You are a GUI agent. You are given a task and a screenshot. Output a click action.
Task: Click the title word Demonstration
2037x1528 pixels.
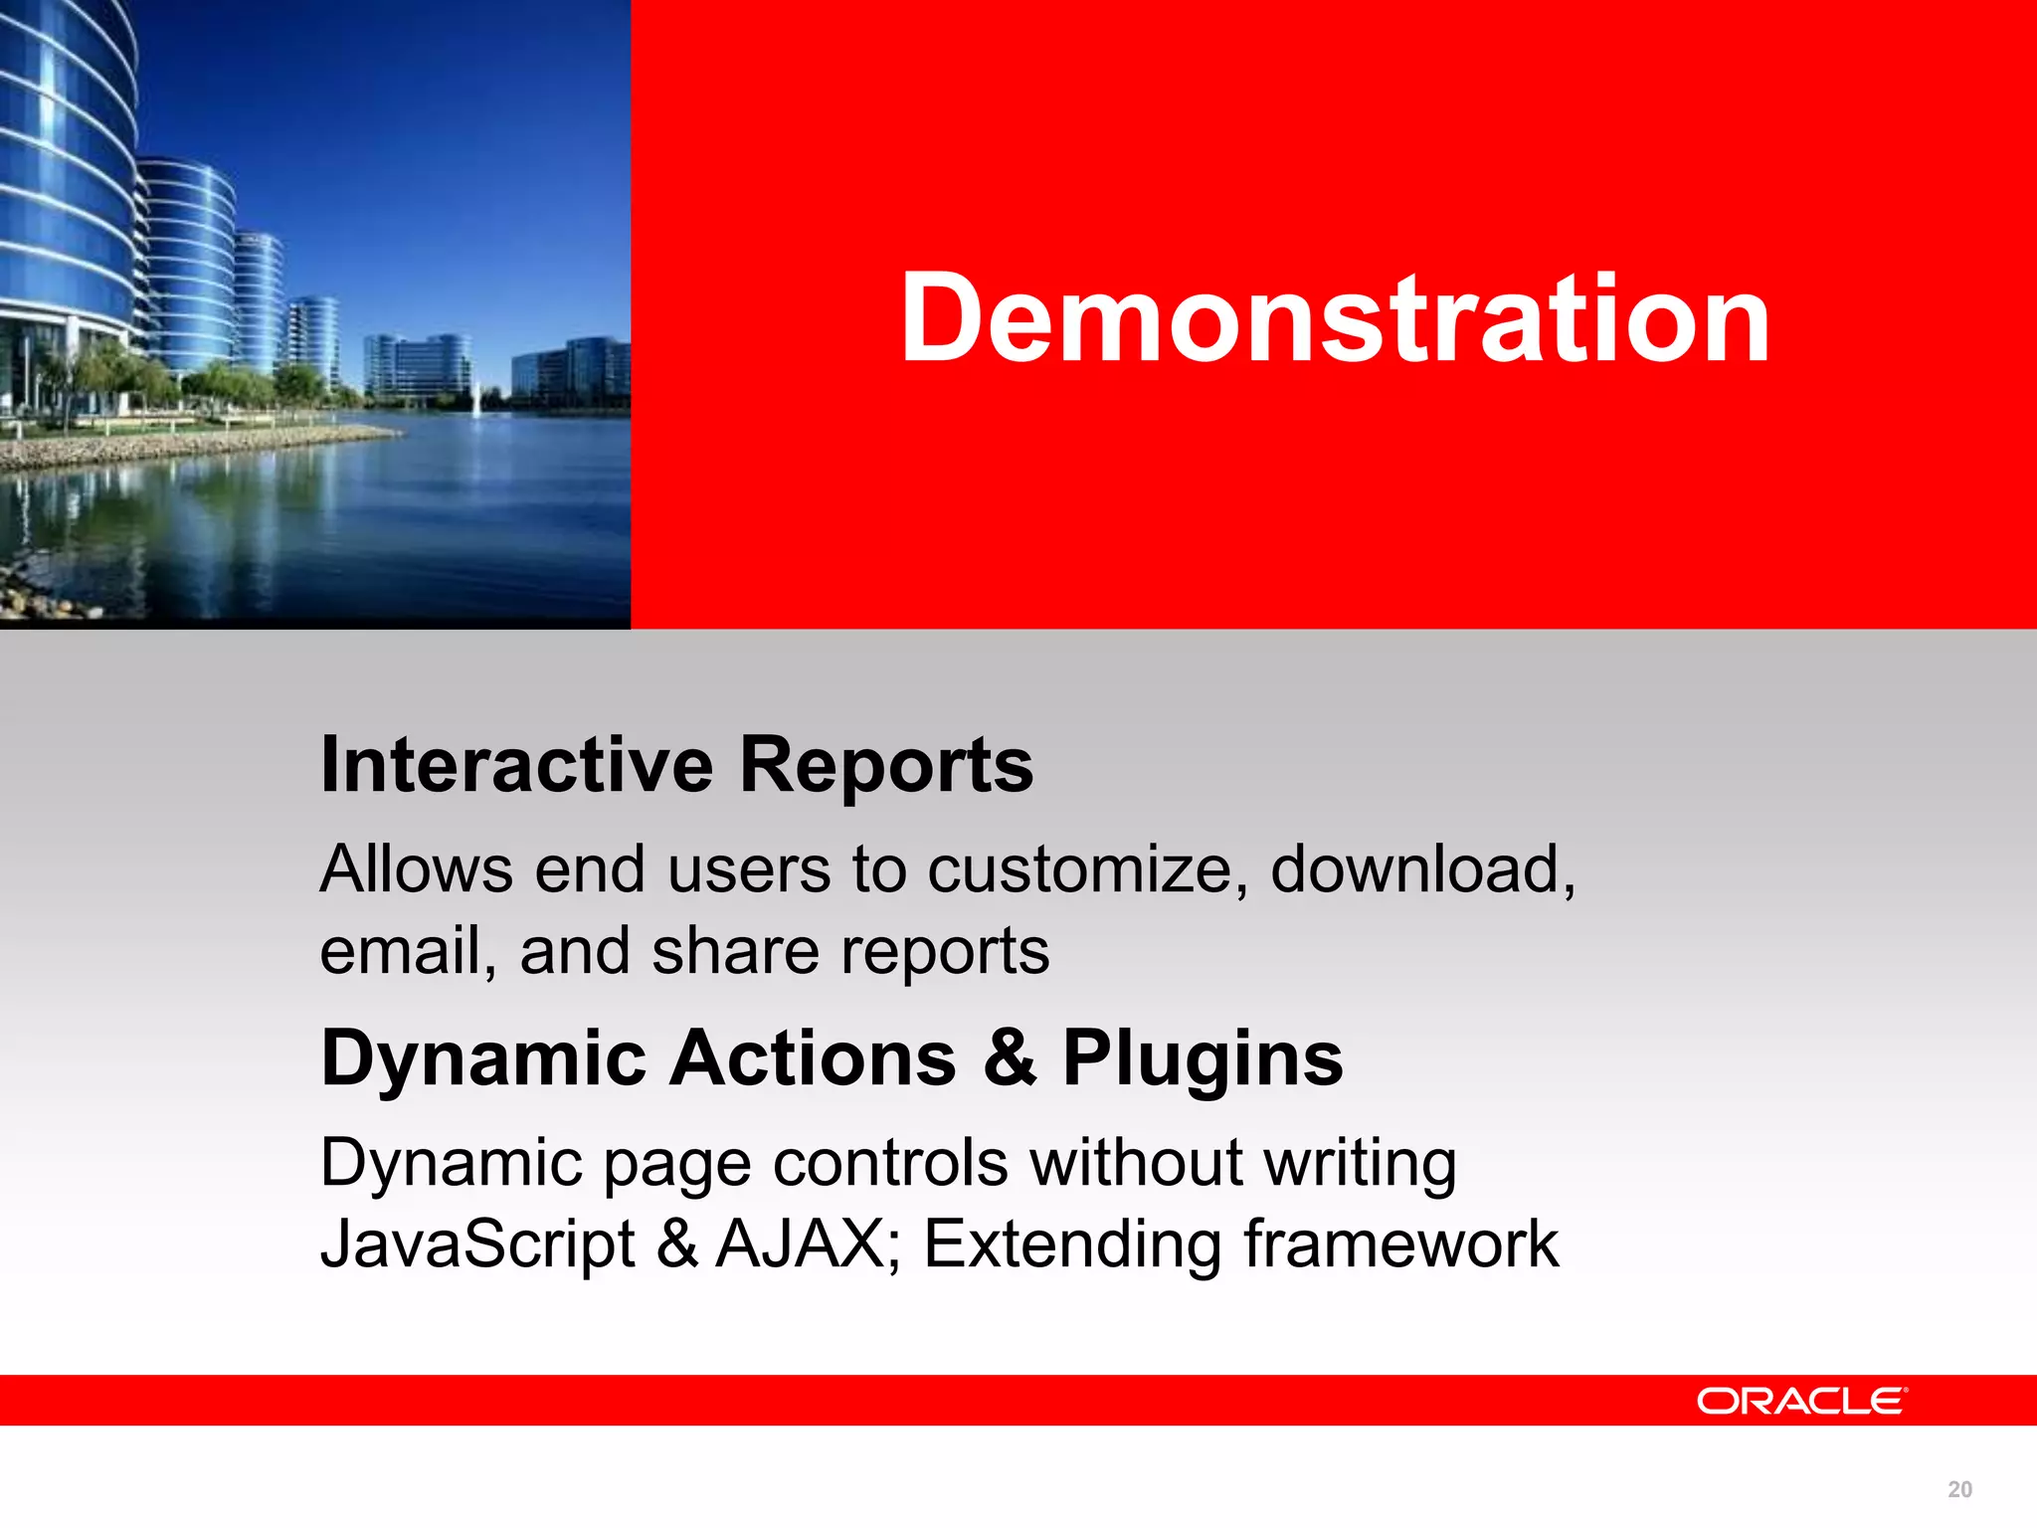pos(1335,318)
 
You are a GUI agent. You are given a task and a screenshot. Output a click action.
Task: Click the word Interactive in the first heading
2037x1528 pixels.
pos(516,765)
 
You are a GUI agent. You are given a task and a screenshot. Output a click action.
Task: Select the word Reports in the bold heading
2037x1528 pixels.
pos(886,765)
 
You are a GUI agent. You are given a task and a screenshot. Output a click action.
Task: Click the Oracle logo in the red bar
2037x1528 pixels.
pos(1801,1401)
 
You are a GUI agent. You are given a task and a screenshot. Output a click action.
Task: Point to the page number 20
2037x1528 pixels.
pos(1959,1489)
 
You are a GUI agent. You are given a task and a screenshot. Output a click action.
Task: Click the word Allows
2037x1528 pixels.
pos(416,869)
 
